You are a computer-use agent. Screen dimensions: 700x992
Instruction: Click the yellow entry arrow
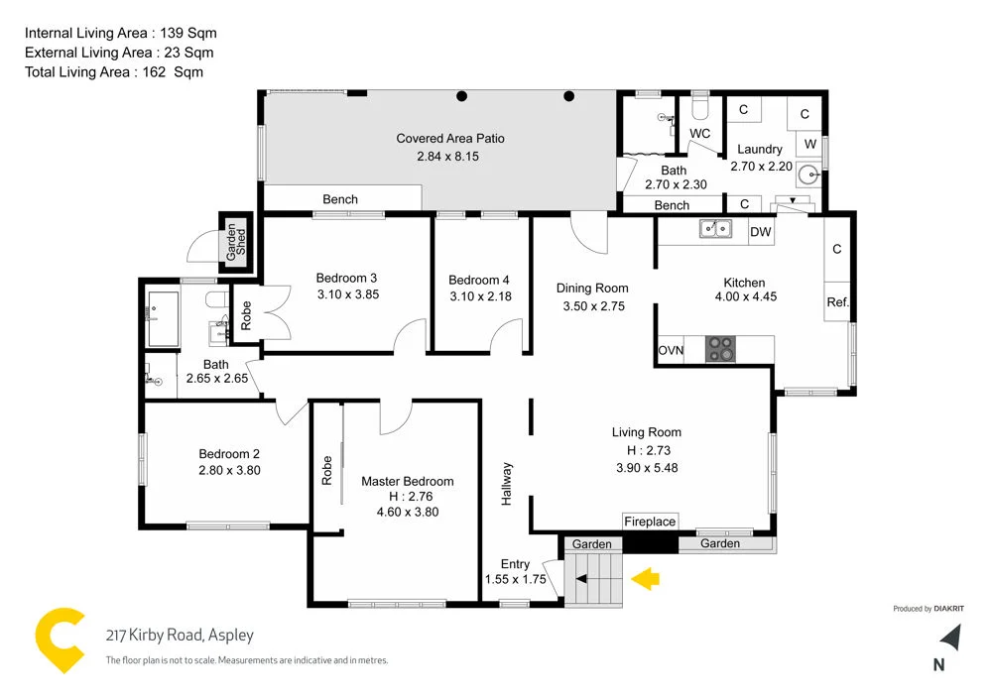(x=646, y=578)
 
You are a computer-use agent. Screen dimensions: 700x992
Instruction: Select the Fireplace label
(x=650, y=522)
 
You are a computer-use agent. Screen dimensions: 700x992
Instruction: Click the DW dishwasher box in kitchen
(x=761, y=232)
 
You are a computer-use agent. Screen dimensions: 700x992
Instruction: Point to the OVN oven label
(x=671, y=351)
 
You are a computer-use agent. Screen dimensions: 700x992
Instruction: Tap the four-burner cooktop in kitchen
(x=721, y=349)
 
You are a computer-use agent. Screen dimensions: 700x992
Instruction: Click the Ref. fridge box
(x=837, y=302)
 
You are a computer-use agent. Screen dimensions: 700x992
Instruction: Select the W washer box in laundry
(x=810, y=143)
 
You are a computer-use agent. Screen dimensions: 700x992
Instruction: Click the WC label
(x=699, y=133)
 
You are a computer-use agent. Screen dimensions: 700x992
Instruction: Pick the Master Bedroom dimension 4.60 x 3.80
(x=407, y=513)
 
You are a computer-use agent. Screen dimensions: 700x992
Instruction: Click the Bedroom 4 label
(x=479, y=280)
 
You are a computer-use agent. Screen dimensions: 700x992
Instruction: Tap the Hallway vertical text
(x=507, y=484)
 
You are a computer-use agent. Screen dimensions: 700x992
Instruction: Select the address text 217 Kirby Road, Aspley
(x=180, y=636)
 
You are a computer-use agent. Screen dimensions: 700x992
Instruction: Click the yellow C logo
(x=61, y=642)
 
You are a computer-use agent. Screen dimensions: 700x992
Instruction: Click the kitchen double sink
(x=711, y=230)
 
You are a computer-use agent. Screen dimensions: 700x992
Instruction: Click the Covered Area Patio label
(x=450, y=139)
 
